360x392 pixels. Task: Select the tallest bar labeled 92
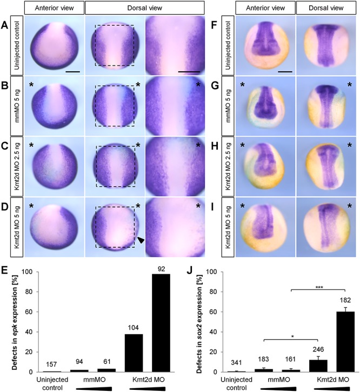[160, 323]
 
